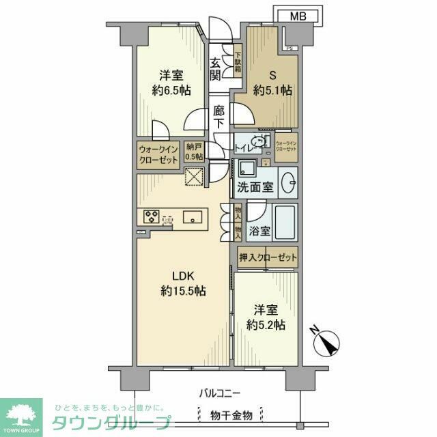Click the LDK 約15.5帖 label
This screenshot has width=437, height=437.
click(184, 283)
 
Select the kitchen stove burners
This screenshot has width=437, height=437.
click(152, 217)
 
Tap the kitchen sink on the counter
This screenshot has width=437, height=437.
click(194, 218)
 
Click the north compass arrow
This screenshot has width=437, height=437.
click(326, 341)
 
